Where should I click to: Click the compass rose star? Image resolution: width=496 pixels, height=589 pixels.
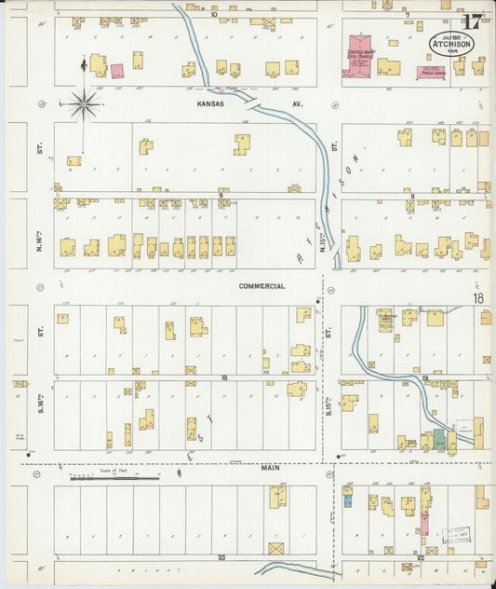85,104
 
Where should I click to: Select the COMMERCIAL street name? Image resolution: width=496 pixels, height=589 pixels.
261,286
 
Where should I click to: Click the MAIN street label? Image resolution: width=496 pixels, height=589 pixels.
270,469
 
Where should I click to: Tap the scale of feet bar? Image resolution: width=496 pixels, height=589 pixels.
114,479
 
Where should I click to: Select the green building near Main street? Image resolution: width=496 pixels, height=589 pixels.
438,441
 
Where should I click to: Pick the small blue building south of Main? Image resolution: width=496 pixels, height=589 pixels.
348,500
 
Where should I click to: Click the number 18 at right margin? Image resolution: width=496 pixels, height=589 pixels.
478,299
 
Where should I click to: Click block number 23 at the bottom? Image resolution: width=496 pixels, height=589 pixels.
221,557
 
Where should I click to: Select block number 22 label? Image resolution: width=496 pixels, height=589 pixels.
422,557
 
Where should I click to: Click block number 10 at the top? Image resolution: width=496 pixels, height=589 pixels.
213,14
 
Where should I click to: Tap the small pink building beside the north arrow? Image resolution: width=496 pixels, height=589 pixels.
117,71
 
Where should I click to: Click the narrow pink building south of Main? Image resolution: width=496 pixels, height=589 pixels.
424,522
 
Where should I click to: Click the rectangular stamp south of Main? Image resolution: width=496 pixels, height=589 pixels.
455,534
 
